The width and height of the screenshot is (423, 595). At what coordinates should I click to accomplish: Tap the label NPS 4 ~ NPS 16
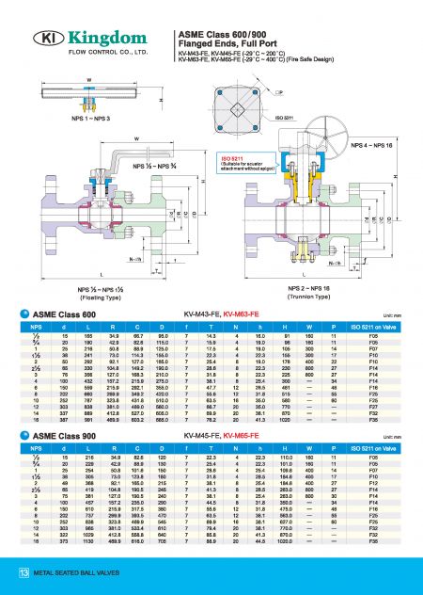coord(372,146)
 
